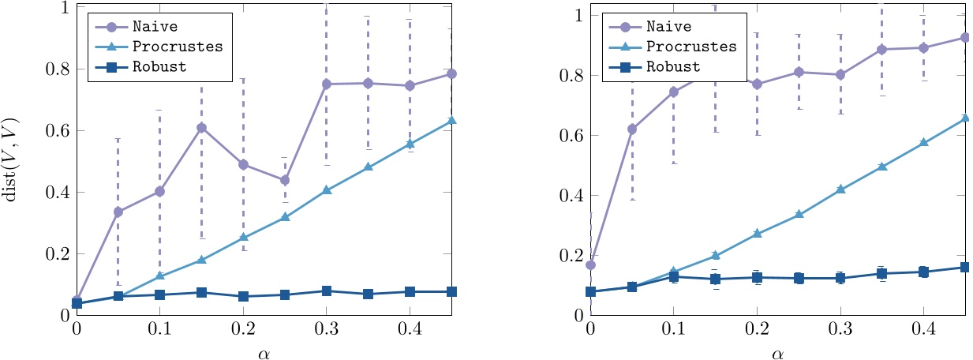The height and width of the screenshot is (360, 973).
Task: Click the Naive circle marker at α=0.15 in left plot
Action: (201, 128)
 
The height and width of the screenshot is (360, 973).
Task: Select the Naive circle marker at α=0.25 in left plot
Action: (285, 180)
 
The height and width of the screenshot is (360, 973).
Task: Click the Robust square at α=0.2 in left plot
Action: (243, 296)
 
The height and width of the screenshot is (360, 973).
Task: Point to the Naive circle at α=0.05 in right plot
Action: (632, 129)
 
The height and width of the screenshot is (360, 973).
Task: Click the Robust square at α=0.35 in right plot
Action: (881, 273)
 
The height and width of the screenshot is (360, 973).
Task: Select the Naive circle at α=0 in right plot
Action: (590, 264)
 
